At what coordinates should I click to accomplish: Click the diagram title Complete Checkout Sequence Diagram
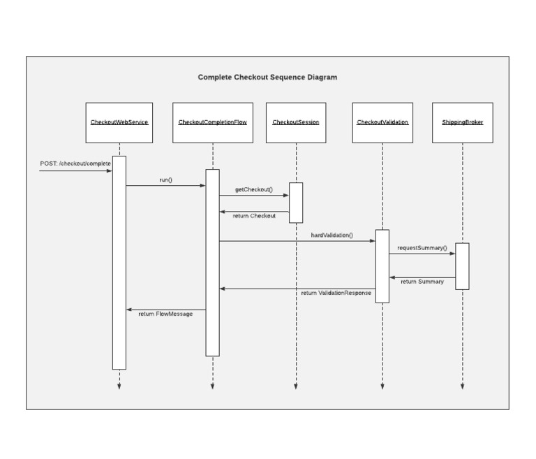(267, 78)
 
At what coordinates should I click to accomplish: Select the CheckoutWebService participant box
(119, 122)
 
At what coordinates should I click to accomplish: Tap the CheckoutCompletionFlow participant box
(213, 122)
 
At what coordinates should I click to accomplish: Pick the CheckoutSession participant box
(296, 122)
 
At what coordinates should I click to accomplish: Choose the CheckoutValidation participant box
(382, 122)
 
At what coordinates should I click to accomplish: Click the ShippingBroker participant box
(462, 122)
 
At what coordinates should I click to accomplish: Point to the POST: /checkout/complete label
(75, 163)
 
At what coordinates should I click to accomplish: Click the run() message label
(165, 180)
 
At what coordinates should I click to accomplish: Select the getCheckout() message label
(254, 189)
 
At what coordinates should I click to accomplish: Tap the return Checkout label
(254, 216)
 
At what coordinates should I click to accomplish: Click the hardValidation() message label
(332, 235)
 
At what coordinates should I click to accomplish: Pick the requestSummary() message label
(422, 248)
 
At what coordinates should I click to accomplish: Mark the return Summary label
(422, 282)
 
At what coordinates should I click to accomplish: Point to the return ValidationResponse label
(336, 293)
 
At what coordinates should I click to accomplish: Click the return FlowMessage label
(165, 314)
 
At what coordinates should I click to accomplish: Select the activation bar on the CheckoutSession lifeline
(296, 203)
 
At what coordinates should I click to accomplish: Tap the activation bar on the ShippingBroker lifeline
(462, 265)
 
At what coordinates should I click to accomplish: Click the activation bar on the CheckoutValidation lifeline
(382, 265)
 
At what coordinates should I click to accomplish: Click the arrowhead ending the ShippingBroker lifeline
(462, 385)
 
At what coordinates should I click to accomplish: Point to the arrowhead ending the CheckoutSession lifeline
(296, 385)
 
